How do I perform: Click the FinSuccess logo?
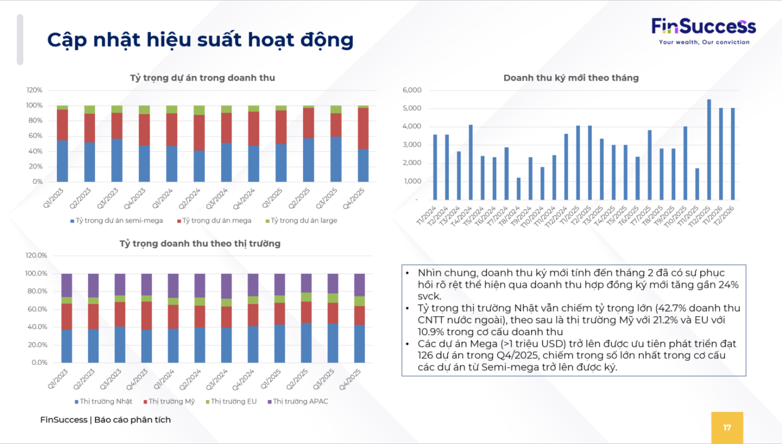pyautogui.click(x=703, y=26)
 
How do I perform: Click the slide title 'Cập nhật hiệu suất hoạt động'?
pyautogui.click(x=200, y=40)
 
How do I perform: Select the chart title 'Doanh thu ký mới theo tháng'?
pyautogui.click(x=571, y=78)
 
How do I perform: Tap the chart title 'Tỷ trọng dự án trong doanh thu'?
pyautogui.click(x=202, y=78)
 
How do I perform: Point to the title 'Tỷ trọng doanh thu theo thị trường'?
pyautogui.click(x=200, y=244)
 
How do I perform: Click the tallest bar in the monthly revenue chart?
pyautogui.click(x=709, y=149)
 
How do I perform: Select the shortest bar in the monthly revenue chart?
pyautogui.click(x=519, y=188)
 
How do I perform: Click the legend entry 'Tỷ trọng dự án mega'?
pyautogui.click(x=214, y=221)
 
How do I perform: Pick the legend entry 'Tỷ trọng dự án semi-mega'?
pyautogui.click(x=117, y=221)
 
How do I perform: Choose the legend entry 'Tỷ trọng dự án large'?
pyautogui.click(x=301, y=221)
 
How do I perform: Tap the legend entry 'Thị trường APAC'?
pyautogui.click(x=298, y=401)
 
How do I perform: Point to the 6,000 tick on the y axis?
pyautogui.click(x=412, y=90)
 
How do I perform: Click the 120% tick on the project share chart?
pyautogui.click(x=34, y=90)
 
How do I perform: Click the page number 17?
pyautogui.click(x=727, y=427)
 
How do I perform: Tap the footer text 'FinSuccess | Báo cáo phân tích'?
pyautogui.click(x=105, y=419)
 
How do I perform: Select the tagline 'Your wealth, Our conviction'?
pyautogui.click(x=704, y=42)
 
